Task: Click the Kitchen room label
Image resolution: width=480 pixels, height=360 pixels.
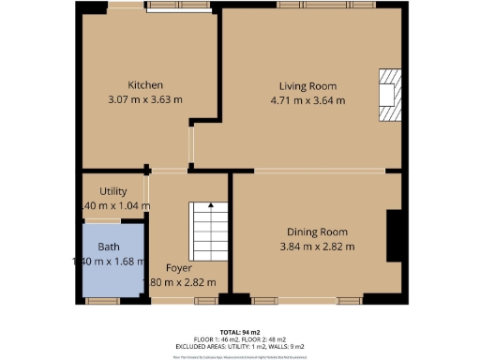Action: click(x=145, y=84)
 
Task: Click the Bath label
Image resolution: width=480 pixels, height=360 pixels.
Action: click(x=109, y=247)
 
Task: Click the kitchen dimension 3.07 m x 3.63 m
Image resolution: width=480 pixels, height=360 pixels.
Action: click(x=145, y=99)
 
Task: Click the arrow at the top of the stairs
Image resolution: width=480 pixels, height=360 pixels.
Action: click(x=211, y=204)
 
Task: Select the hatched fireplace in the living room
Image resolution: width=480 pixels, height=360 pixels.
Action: click(x=388, y=95)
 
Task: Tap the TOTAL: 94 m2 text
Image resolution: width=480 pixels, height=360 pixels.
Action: click(x=240, y=332)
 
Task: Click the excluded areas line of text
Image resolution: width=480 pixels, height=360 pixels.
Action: click(x=240, y=347)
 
